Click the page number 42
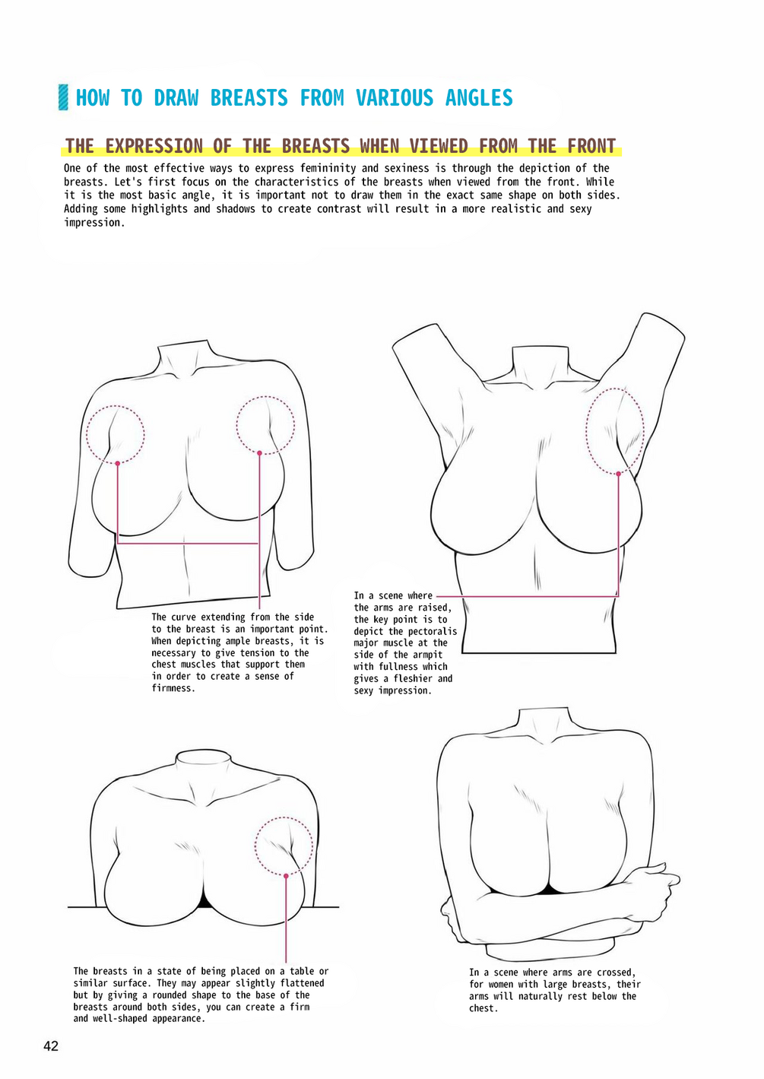pos(51,1046)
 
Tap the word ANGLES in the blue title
pos(479,98)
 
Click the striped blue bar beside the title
pos(63,97)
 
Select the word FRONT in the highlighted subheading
pos(591,146)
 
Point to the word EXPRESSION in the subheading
pos(154,146)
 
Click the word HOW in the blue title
pos(93,98)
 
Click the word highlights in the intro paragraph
pos(160,209)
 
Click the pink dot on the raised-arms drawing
pos(619,474)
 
